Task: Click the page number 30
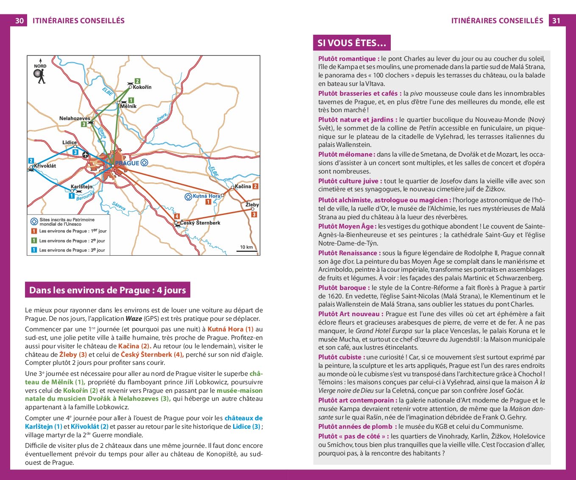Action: (19, 21)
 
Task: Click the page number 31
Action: (556, 21)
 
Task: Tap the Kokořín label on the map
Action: (142, 87)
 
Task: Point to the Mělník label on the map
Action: (128, 106)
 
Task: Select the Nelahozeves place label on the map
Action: (75, 119)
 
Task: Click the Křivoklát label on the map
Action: (45, 166)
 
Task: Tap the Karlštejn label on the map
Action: (81, 187)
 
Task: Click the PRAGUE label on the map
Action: (127, 163)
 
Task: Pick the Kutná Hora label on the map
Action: (206, 196)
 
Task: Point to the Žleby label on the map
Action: (252, 205)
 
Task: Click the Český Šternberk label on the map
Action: (200, 223)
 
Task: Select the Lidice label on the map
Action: (70, 143)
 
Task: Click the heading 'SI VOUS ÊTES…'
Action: (351, 43)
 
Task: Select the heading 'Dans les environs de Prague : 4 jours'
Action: (107, 290)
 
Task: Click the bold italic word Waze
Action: (134, 319)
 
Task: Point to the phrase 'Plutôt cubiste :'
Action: (342, 357)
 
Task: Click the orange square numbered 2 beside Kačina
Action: (255, 186)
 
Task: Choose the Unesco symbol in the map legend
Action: (34, 221)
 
